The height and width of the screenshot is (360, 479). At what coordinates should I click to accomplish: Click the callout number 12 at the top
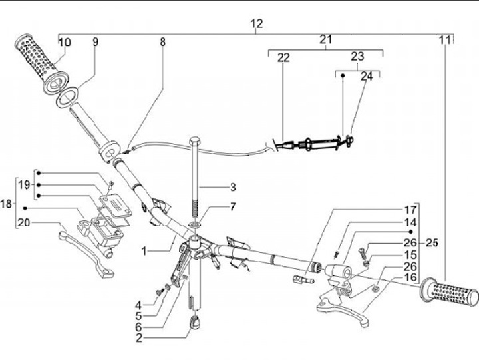(x=257, y=23)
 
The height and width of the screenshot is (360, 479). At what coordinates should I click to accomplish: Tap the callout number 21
(x=325, y=39)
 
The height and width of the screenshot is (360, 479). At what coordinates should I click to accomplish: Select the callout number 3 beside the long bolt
(x=233, y=187)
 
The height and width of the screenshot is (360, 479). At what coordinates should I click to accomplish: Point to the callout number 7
(x=233, y=206)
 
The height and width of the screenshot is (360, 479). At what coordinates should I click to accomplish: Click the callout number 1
(x=144, y=252)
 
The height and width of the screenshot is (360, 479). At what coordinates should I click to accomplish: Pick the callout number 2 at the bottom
(x=139, y=338)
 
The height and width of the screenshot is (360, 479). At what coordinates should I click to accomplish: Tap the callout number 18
(x=6, y=204)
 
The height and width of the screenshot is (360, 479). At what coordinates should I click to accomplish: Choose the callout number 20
(x=23, y=222)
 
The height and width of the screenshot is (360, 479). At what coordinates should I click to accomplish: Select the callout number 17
(x=410, y=210)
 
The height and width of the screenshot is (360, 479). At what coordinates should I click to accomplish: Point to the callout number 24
(x=367, y=76)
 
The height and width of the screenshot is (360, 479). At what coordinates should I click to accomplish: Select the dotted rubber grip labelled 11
(x=449, y=291)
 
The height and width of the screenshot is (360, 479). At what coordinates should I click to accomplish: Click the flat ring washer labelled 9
(x=67, y=97)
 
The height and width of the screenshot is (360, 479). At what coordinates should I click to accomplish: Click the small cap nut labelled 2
(x=195, y=322)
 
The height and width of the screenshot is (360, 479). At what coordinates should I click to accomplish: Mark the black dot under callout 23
(x=343, y=75)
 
